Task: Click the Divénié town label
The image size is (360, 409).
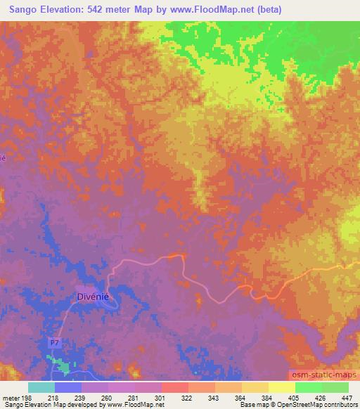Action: click(92, 297)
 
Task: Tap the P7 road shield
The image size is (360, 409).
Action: click(56, 342)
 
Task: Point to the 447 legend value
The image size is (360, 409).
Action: click(346, 397)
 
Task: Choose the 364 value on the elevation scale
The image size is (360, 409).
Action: click(240, 397)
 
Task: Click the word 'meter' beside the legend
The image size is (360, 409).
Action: click(10, 397)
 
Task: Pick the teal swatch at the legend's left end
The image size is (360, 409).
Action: click(41, 387)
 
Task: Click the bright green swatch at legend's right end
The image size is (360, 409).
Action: click(335, 387)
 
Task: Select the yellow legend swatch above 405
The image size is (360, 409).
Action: click(282, 387)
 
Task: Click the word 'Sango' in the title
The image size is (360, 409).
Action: click(19, 8)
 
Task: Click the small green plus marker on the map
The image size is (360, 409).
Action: click(281, 110)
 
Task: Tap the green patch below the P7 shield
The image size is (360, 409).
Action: click(63, 366)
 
